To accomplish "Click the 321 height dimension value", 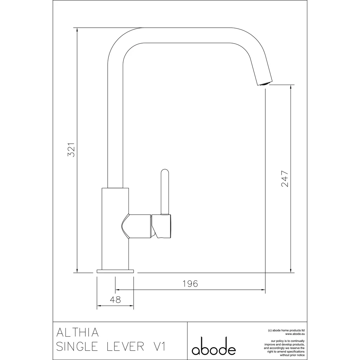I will tap(71, 149).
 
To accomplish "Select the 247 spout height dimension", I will tap(285, 178).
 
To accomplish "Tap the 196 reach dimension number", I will tap(190, 284).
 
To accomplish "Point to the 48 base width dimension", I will tap(115, 300).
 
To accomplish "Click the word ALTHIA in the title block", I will tap(76, 332).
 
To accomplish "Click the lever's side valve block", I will tap(162, 226).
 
